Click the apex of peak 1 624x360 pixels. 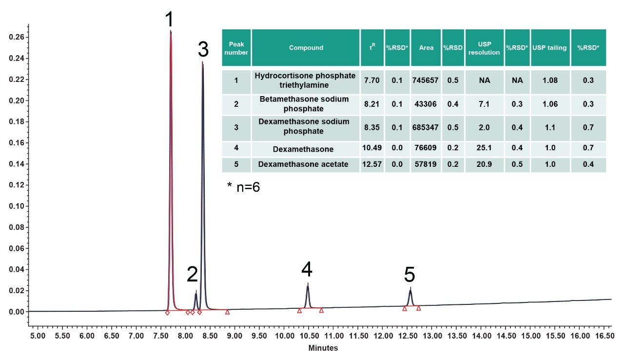170,31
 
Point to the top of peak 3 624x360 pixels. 202,62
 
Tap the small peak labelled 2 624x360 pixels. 195,293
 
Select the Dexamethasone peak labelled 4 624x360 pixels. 308,284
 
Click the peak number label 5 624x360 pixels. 409,275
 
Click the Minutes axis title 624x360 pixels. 323,348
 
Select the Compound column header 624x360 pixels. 306,48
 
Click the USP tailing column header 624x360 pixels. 549,48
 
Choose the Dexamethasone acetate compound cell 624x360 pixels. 303,164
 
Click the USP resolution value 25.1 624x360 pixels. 485,148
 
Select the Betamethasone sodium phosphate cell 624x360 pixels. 304,104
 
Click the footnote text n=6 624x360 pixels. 248,187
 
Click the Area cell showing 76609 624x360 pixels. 426,148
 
